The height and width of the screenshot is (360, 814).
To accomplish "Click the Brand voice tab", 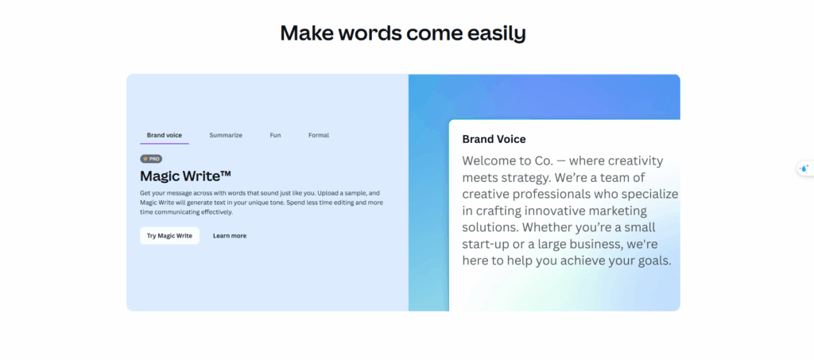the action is point(164,135).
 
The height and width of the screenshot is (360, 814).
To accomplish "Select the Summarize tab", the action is point(226,135).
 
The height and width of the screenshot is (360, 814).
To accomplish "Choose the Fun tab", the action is point(275,135).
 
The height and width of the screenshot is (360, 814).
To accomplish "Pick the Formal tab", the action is point(319,135).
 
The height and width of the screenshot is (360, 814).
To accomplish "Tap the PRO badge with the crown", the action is point(151,159).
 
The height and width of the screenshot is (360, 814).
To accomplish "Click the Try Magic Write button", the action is point(169,235).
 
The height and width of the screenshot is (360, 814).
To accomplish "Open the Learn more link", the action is point(230,235).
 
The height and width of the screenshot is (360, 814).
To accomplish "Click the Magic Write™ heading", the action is point(185,176).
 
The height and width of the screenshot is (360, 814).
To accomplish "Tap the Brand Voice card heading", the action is point(494,139).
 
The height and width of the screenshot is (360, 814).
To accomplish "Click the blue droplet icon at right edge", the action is point(804,168).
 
